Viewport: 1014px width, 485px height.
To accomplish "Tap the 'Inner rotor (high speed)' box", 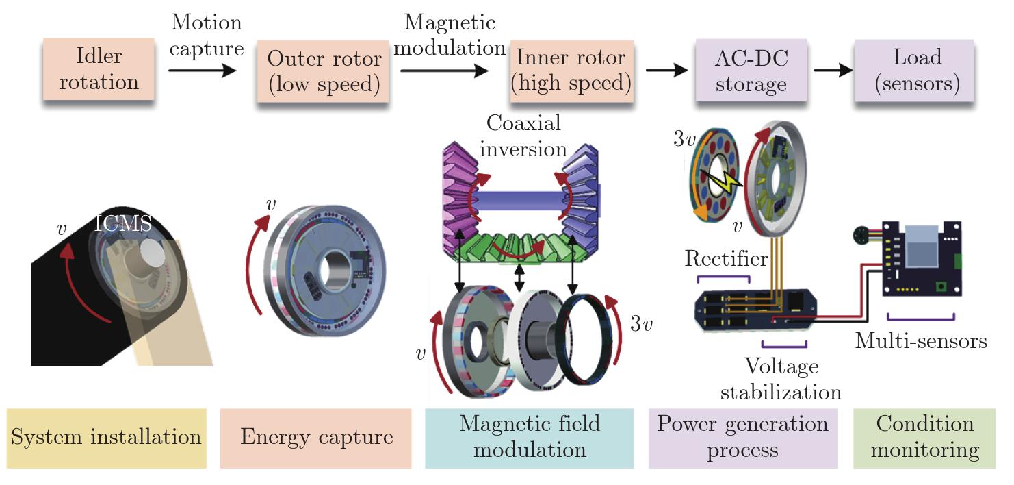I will pos(572,71).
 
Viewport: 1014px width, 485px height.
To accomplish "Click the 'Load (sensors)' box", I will pos(917,71).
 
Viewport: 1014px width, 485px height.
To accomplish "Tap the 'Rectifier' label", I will pos(726,259).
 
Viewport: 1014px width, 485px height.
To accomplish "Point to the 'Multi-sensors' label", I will pos(921,340).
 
